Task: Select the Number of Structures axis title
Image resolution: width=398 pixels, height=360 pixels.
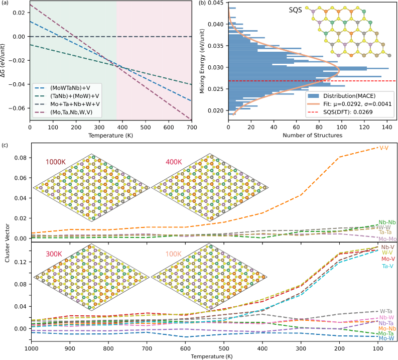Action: click(312, 136)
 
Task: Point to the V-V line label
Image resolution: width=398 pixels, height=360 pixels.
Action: click(384, 148)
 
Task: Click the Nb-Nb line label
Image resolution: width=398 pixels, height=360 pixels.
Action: click(386, 222)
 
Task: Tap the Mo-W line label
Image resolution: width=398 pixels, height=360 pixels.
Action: click(386, 338)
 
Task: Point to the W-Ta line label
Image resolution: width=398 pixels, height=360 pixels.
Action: click(386, 311)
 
